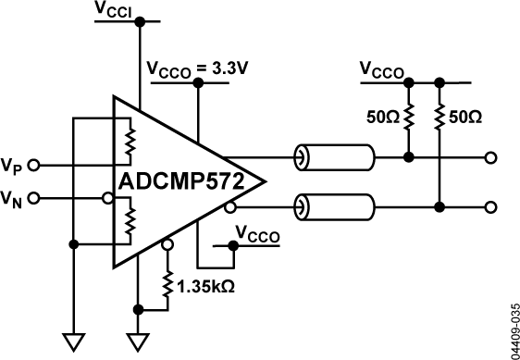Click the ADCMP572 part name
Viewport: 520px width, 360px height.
click(x=181, y=180)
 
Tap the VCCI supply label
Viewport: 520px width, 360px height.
click(x=114, y=10)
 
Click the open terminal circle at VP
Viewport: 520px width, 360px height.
click(x=34, y=166)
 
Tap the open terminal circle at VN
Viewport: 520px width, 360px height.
click(x=34, y=197)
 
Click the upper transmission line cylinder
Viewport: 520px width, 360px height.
click(x=334, y=158)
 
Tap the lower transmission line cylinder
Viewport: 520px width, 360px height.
click(x=334, y=205)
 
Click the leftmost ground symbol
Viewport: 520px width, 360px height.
click(x=71, y=341)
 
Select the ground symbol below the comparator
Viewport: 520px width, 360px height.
click(x=138, y=341)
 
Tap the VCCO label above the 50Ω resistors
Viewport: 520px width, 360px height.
click(x=382, y=69)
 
